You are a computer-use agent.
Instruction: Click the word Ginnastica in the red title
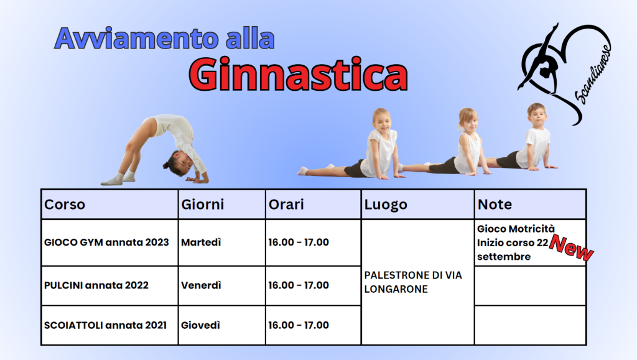298,75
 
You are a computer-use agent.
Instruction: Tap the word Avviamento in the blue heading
136,39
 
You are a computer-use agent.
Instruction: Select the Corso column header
65,204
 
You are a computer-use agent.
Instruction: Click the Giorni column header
202,204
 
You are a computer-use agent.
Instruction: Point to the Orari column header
286,204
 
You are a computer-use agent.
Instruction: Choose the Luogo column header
386,205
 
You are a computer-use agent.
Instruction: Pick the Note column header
495,204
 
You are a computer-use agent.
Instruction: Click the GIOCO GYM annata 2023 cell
106,242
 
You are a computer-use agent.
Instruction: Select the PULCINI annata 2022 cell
96,285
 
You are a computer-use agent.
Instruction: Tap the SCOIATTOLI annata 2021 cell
105,325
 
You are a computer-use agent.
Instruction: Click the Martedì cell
201,242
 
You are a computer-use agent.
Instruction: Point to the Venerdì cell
201,285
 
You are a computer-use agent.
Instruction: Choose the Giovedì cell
200,325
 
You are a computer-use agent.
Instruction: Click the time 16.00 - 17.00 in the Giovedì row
299,325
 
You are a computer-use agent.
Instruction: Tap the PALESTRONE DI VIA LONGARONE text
413,282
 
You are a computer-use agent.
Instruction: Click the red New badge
571,247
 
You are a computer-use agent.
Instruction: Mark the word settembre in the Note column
504,257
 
